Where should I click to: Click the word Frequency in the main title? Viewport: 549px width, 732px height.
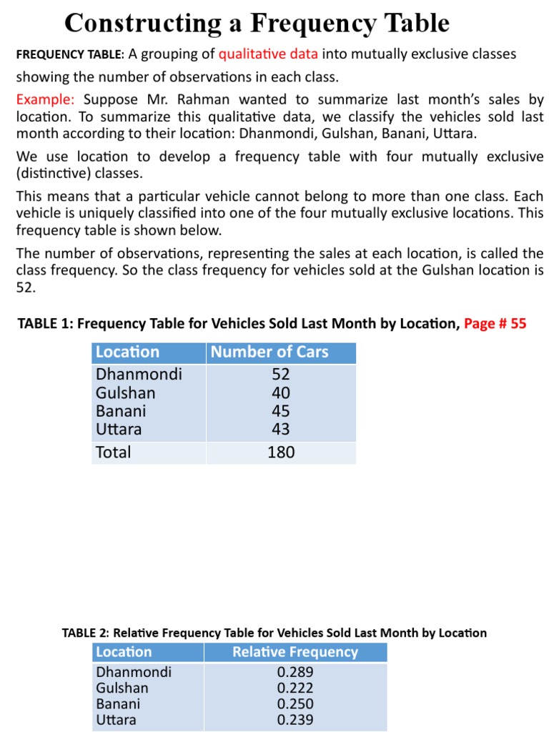312,24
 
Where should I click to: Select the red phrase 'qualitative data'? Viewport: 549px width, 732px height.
269,55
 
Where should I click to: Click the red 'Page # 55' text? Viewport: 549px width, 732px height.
495,324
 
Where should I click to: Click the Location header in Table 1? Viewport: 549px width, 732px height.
128,352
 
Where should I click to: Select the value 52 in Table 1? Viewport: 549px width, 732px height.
281,374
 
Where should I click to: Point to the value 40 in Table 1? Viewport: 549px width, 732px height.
281,392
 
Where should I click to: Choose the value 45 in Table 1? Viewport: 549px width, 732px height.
281,411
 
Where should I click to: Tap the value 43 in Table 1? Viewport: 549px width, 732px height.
281,430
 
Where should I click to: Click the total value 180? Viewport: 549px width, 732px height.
281,452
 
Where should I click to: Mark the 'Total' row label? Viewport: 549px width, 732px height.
114,452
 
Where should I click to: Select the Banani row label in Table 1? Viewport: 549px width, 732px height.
121,411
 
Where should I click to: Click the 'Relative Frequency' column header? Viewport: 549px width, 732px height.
295,652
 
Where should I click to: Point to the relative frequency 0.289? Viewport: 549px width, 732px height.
295,672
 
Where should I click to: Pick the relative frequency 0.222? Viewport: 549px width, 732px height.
295,688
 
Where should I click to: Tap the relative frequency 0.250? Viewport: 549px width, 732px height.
295,703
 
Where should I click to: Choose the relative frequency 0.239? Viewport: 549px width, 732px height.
295,719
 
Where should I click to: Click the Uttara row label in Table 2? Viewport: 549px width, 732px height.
117,719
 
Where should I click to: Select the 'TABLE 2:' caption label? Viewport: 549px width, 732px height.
86,633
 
